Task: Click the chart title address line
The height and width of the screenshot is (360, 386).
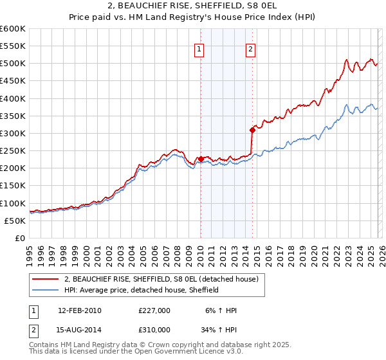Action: click(x=193, y=6)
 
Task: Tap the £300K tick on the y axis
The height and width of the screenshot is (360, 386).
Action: click(x=12, y=133)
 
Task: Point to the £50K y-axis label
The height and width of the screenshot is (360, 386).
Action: click(x=14, y=221)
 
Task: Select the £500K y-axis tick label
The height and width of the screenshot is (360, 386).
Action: click(x=12, y=64)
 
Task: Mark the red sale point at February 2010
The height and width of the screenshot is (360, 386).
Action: click(x=201, y=159)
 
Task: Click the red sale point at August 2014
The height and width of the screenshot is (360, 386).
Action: click(x=252, y=130)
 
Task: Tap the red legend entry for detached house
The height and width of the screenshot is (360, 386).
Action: click(x=161, y=279)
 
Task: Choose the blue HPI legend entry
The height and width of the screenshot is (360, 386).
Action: click(x=142, y=290)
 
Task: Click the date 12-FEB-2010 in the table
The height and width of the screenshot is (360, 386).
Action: click(x=79, y=310)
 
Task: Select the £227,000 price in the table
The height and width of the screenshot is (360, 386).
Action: click(x=154, y=310)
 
